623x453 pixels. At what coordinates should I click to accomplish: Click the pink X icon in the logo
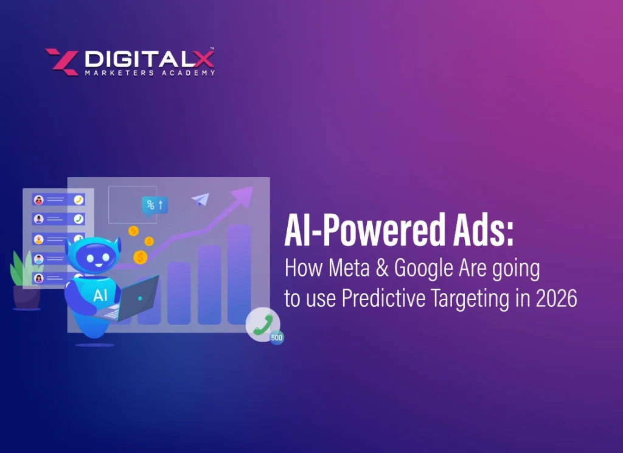61,62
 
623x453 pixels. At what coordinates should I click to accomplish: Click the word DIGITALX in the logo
148,58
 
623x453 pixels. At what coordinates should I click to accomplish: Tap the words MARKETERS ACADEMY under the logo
149,73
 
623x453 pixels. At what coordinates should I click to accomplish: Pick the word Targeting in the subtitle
460,299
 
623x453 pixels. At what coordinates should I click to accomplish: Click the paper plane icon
200,199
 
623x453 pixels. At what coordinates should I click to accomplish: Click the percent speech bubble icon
154,205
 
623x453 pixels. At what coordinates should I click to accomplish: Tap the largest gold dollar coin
141,258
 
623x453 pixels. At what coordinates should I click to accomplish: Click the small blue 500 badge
277,337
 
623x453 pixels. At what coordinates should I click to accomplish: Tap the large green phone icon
262,325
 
